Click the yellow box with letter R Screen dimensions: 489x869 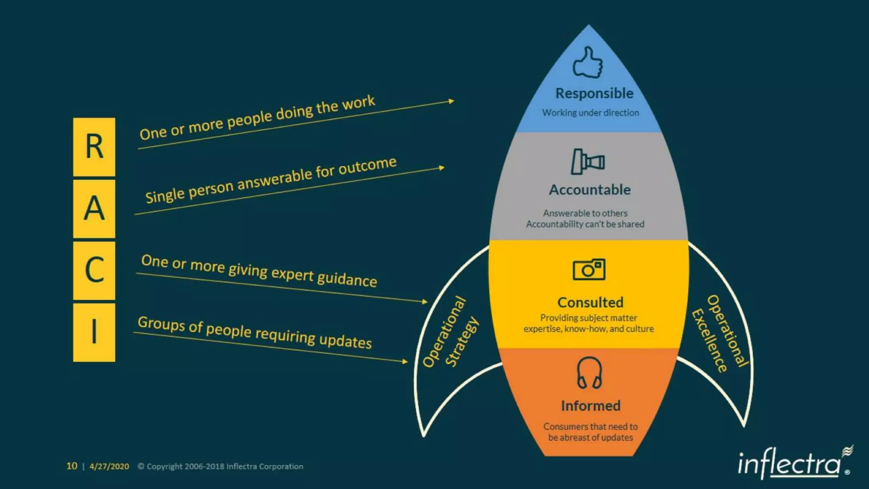[94, 147]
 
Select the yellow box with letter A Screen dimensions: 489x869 [94, 208]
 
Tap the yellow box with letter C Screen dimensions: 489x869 [94, 270]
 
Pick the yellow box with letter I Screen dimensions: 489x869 [94, 332]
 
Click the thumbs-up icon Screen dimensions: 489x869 [588, 63]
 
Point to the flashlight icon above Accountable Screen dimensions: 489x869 [588, 161]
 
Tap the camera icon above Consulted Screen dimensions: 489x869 [589, 270]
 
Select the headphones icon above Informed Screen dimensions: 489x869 [589, 373]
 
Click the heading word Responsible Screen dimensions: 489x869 [594, 93]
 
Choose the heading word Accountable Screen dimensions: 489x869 [590, 190]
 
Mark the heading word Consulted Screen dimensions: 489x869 [590, 303]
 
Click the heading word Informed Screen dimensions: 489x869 [591, 406]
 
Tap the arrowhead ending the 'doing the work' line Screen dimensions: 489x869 [451, 101]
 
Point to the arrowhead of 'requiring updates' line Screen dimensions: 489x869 [405, 362]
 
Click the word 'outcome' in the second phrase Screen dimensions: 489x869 [367, 166]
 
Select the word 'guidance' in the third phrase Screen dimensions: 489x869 [347, 279]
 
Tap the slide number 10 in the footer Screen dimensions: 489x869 [72, 466]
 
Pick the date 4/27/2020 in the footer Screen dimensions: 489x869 [109, 467]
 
